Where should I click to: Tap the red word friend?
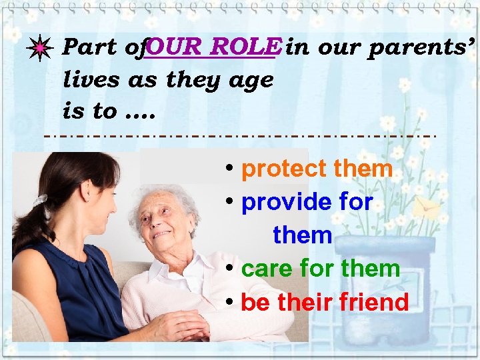(374, 302)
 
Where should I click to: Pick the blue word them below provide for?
(302, 235)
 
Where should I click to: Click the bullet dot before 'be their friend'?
(229, 302)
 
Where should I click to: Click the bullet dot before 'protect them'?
(229, 169)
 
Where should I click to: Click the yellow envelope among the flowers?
(427, 209)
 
